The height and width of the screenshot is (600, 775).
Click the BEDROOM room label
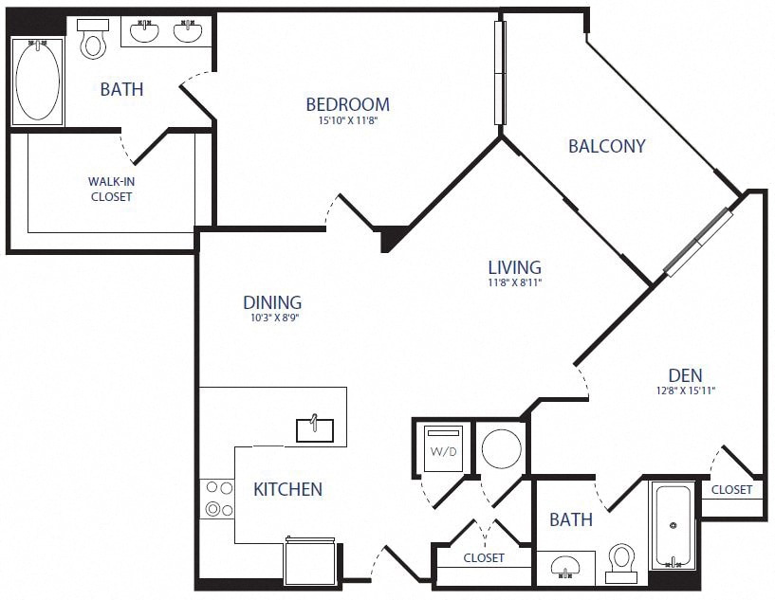pos(347,104)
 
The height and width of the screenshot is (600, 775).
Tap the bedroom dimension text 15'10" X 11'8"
pos(347,120)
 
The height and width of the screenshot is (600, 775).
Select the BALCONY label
pos(606,146)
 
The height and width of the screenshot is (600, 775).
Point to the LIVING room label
pos(514,267)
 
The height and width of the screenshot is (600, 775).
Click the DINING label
pos(272,302)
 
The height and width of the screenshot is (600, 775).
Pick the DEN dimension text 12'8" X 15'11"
pos(685,391)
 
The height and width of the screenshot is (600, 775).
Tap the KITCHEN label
pos(287,489)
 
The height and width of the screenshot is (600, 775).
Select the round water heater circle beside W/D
pos(501,447)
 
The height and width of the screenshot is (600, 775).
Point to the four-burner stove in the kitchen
pos(219,499)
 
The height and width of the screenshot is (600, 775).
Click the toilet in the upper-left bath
pos(93,40)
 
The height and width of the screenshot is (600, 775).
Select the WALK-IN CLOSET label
pos(111,189)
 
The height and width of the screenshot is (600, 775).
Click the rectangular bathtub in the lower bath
pos(673,525)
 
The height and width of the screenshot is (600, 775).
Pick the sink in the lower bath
pos(566,569)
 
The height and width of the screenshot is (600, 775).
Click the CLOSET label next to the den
pos(731,490)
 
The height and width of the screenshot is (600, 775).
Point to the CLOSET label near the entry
pos(484,557)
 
